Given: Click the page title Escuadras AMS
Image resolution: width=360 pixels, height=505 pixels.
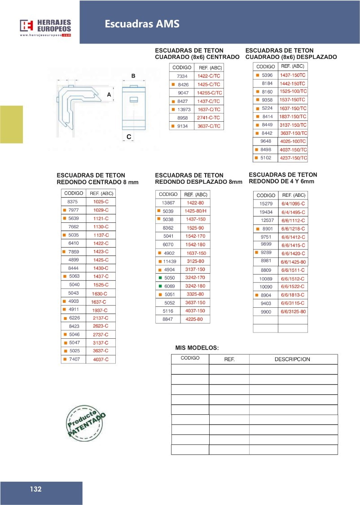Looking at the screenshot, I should [x=142, y=24].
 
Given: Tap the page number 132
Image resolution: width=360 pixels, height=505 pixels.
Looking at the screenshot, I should [x=36, y=489].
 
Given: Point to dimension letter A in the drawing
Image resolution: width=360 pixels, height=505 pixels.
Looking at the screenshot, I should [x=109, y=94].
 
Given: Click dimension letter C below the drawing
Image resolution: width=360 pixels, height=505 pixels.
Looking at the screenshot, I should [x=129, y=137].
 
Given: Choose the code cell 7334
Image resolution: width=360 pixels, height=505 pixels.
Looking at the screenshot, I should [x=182, y=76].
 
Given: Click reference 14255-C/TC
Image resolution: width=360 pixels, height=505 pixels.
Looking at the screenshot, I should [x=210, y=93].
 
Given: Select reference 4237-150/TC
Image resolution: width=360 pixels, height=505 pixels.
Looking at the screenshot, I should [x=293, y=158].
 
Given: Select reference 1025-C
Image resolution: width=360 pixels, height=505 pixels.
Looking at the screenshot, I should [x=101, y=202].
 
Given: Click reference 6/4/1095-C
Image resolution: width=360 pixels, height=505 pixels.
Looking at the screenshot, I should [x=293, y=204].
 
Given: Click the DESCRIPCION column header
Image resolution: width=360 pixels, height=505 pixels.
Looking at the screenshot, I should [x=292, y=359].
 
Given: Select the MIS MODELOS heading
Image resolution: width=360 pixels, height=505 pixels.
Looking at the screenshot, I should [x=197, y=348].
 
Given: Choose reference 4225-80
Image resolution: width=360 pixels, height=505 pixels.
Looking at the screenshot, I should [x=195, y=319].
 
